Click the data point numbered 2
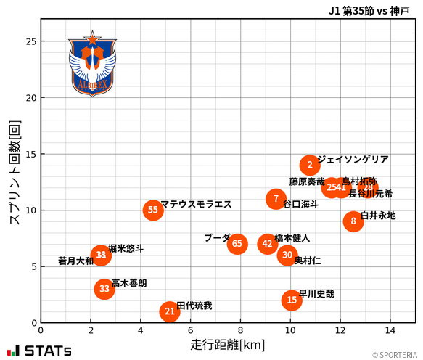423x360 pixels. click(x=310, y=165)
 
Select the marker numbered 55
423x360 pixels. click(x=152, y=210)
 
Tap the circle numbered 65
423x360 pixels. click(x=237, y=243)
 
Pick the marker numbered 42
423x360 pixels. click(x=267, y=243)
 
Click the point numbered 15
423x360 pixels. click(x=292, y=300)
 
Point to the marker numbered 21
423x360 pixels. click(x=170, y=311)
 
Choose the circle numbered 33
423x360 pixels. click(x=104, y=289)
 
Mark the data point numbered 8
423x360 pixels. click(x=353, y=221)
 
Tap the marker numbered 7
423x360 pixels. click(x=276, y=199)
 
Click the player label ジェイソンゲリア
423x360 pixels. click(x=353, y=160)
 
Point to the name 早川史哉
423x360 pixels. click(x=317, y=294)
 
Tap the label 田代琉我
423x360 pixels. click(x=194, y=306)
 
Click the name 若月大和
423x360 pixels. click(x=75, y=261)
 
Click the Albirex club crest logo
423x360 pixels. click(x=91, y=64)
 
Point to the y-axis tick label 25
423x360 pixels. click(x=30, y=41)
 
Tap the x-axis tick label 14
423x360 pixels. click(x=390, y=331)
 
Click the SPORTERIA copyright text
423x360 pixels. click(x=395, y=355)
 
